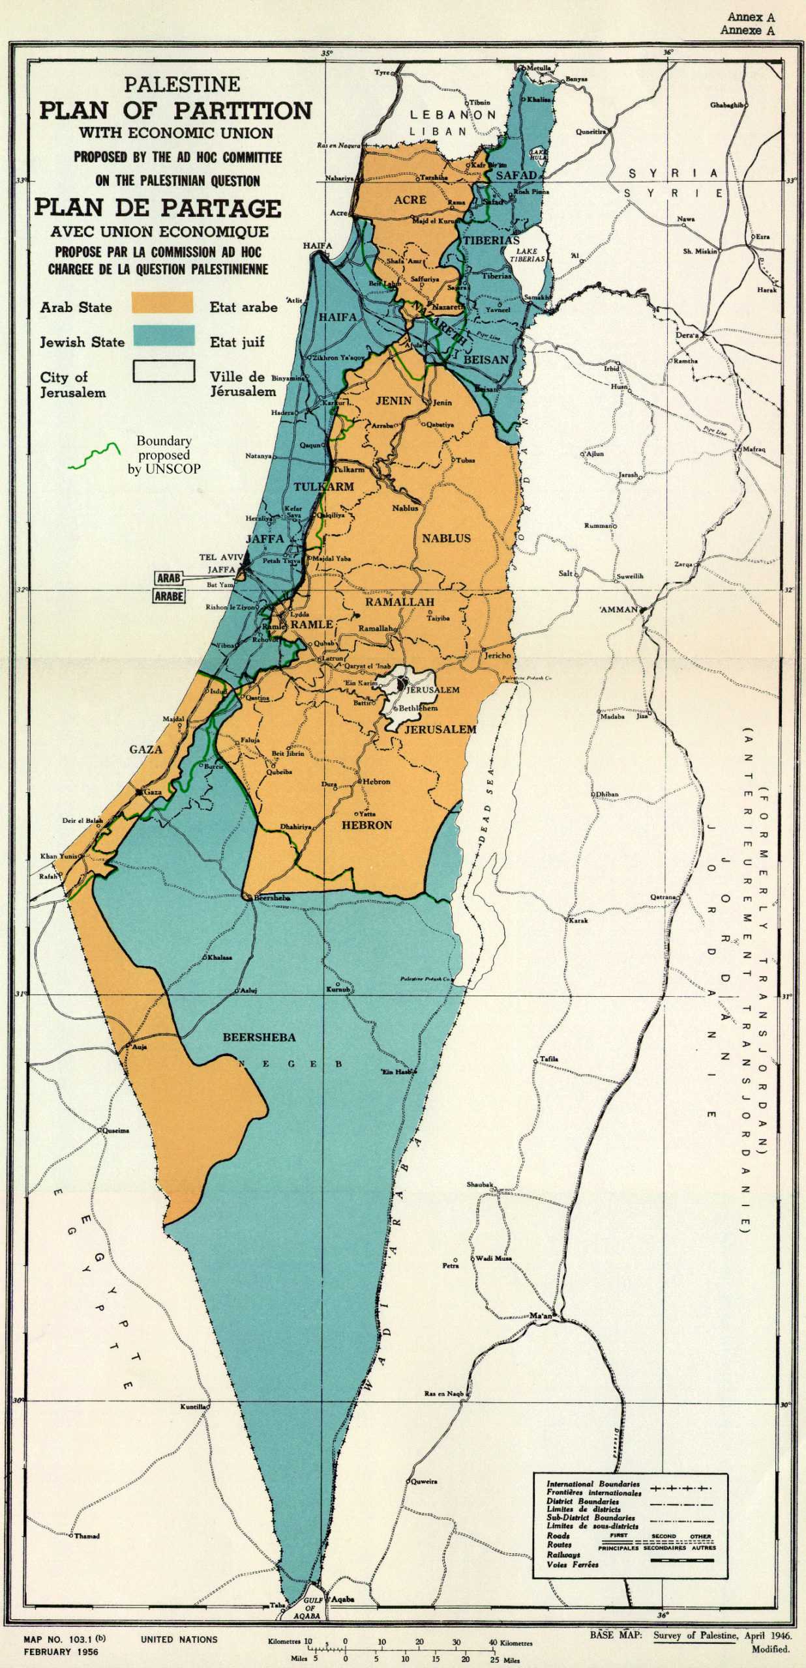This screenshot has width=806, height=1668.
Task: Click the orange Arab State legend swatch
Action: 162,302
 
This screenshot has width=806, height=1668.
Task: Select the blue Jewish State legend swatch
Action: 164,336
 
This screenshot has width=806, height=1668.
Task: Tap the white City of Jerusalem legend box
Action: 164,371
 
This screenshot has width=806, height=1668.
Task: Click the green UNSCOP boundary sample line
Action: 95,456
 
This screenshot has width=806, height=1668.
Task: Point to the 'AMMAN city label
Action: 619,609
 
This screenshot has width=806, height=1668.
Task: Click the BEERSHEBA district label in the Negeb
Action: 259,1037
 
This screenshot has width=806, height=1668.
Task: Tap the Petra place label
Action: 451,1265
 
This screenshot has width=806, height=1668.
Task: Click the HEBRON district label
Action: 367,825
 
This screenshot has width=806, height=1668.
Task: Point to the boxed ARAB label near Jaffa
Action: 169,578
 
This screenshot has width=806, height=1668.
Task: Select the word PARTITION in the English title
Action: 243,110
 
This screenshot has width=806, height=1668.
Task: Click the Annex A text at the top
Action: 751,18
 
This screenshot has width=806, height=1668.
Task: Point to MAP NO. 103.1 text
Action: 64,1639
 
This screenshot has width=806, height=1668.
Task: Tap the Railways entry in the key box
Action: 563,1555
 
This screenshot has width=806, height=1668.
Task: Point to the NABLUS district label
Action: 446,538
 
